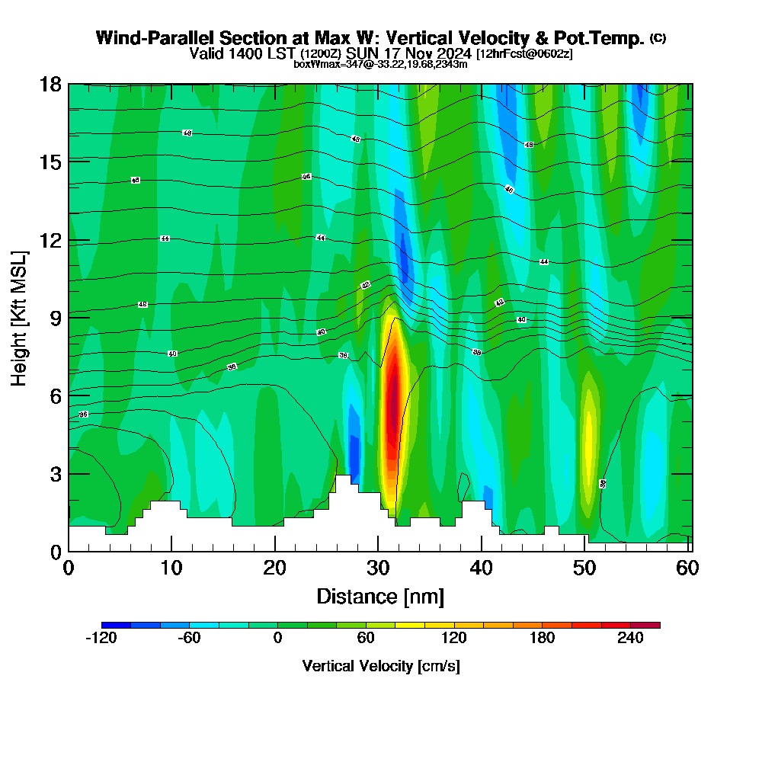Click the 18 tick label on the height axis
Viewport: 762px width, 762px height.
click(50, 84)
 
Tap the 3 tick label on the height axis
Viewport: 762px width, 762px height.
click(56, 474)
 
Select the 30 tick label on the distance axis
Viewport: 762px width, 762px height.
click(378, 568)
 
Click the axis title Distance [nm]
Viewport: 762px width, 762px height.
click(379, 596)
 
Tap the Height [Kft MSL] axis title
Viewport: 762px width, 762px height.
click(19, 317)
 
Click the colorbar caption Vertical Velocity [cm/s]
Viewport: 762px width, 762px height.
click(380, 666)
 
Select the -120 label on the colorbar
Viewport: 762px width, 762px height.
click(101, 639)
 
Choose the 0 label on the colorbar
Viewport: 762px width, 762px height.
click(277, 639)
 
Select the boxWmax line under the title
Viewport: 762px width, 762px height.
click(380, 64)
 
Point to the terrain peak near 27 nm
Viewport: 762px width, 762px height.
click(343, 479)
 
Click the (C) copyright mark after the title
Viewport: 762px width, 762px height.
click(658, 38)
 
